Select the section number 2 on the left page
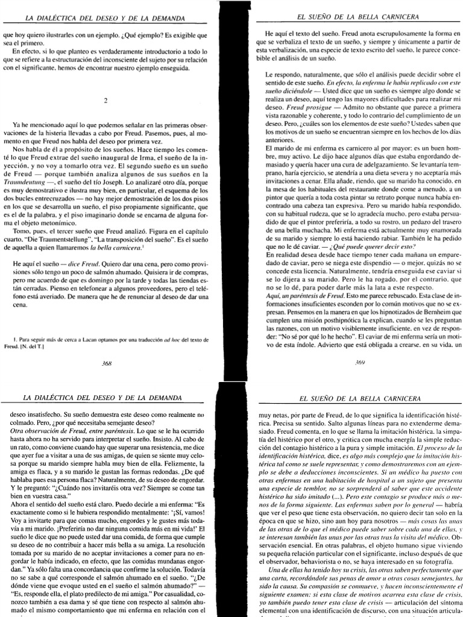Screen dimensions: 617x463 (106, 100)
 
